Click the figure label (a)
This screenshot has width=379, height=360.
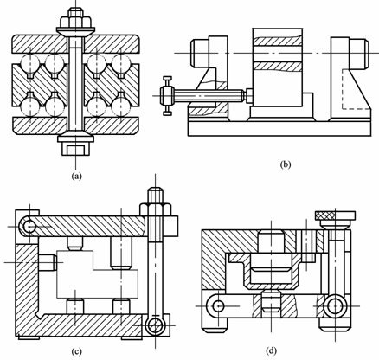coord(76,176)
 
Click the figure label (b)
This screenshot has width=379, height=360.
coord(286,164)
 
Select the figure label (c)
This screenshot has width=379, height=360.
coord(76,351)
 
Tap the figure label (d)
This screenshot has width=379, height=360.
coord(271,351)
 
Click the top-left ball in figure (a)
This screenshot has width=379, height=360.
coord(30,62)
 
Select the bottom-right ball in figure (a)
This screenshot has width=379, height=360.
coord(120,106)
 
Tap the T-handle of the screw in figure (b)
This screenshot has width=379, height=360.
coord(167,96)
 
